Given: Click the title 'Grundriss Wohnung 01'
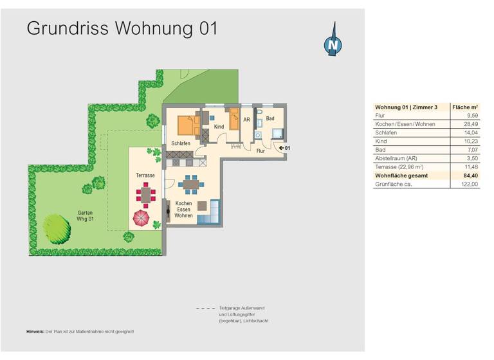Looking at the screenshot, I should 122,28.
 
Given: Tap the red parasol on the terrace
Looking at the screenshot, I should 142,219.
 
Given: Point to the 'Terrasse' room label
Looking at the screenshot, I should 145,174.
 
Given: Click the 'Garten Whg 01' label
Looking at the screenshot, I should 86,217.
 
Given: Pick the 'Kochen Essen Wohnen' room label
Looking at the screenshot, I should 184,210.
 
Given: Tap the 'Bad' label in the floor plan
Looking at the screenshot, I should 271,119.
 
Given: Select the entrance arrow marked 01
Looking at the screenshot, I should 284,148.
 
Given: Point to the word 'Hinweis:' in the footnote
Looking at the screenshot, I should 35,331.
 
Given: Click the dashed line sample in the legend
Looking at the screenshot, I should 205,309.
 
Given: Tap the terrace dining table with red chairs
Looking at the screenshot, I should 144,194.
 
